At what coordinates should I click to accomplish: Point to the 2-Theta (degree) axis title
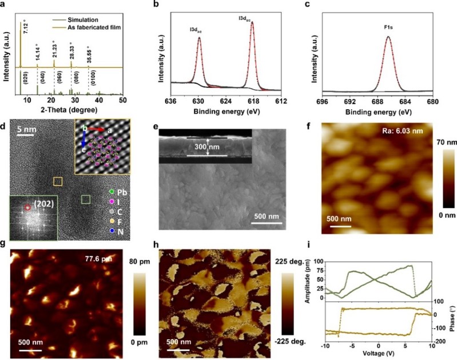click(x=71, y=110)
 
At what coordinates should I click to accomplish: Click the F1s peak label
click(x=388, y=26)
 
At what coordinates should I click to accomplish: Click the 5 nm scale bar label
click(x=26, y=130)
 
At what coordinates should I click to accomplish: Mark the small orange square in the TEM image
click(x=58, y=181)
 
